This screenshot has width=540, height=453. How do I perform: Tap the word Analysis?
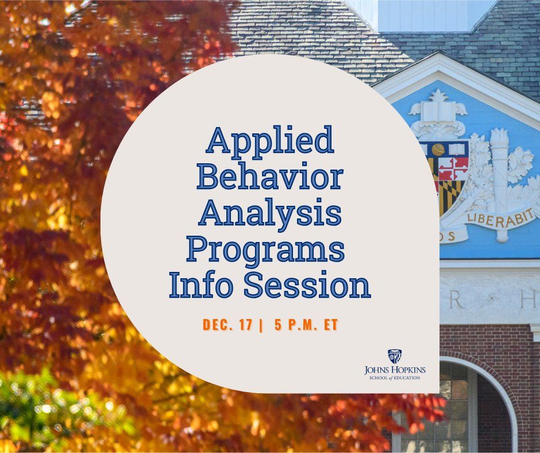[269, 213]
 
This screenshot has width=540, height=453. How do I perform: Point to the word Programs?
[266, 249]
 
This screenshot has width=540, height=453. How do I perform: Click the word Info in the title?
[199, 285]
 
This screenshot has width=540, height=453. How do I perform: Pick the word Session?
[307, 285]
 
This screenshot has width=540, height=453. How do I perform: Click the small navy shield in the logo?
[395, 356]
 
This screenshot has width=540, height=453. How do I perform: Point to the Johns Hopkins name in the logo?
[395, 369]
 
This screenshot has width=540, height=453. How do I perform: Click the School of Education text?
[395, 377]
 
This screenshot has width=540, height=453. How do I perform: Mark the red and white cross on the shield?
[453, 168]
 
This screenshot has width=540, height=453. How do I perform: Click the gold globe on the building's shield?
[438, 149]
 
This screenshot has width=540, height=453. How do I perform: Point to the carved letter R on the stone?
[457, 300]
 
